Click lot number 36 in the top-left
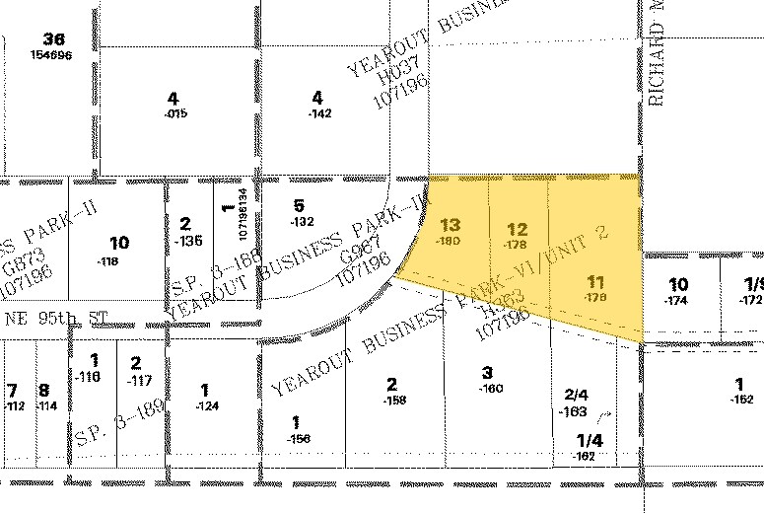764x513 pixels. click(x=53, y=39)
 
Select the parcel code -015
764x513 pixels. click(x=175, y=112)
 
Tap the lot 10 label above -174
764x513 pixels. click(x=678, y=284)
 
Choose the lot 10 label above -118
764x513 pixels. click(x=119, y=243)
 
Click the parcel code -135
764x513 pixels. click(x=187, y=240)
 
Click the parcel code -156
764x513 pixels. click(x=297, y=438)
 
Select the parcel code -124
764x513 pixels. click(x=206, y=405)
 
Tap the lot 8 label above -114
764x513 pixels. click(x=43, y=390)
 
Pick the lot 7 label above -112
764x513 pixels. click(x=12, y=390)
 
